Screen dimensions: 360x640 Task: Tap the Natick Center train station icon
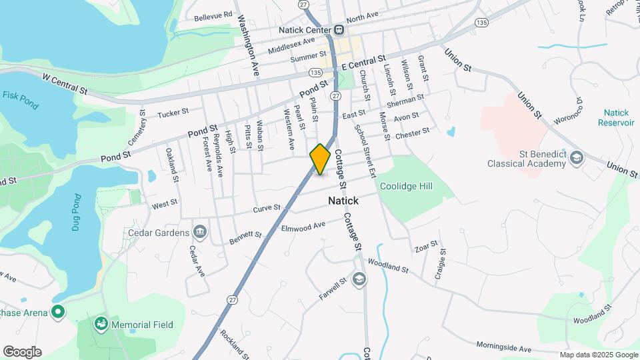click(339, 29)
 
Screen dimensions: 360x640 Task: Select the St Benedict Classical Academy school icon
click(577, 158)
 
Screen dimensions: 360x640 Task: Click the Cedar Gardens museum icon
click(199, 232)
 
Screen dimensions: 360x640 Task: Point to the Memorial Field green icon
click(101, 325)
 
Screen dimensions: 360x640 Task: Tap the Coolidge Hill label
click(406, 186)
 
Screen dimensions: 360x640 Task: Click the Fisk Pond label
click(19, 95)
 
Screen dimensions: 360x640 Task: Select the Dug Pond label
click(77, 212)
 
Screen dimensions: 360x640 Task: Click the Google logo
click(22, 352)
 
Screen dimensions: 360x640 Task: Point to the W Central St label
click(65, 83)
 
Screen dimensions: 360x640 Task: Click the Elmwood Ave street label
click(303, 228)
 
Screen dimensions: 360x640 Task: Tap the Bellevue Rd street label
click(213, 15)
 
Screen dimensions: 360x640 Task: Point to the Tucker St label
click(173, 114)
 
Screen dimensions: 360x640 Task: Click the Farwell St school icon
click(359, 278)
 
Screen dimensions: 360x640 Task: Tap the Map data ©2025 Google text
click(598, 355)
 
